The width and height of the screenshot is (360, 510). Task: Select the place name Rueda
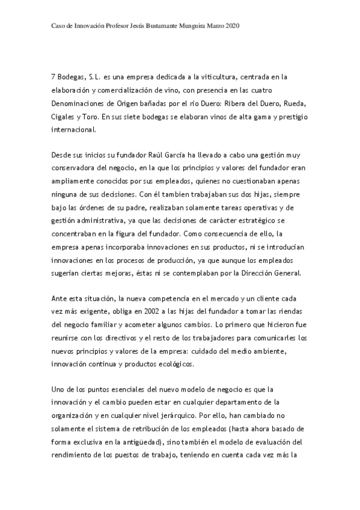[296, 103]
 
